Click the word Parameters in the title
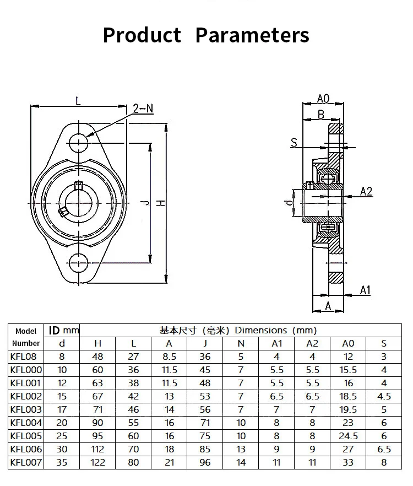point(252,35)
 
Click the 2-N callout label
point(143,109)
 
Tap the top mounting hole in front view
point(79,142)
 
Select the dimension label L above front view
point(78,101)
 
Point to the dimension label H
point(160,203)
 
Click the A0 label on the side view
point(323,99)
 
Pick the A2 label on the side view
point(366,191)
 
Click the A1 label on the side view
point(365,290)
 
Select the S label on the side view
point(294,142)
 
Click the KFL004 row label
point(26,423)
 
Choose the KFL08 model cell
point(26,357)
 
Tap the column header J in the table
point(205,343)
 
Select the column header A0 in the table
point(349,343)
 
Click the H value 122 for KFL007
point(98,462)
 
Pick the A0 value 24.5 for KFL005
point(349,436)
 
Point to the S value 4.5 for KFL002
point(384,396)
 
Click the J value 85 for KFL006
point(205,449)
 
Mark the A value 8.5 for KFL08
point(170,357)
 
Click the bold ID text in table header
point(55,331)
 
